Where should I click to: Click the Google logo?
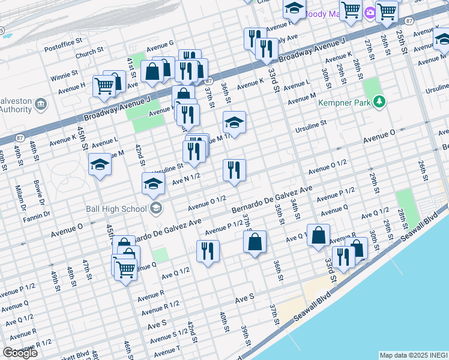pyautogui.click(x=20, y=353)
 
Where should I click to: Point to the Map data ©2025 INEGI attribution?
pyautogui.click(x=413, y=355)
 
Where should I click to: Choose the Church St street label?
pyautogui.click(x=89, y=52)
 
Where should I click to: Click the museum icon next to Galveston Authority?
pyautogui.click(x=41, y=104)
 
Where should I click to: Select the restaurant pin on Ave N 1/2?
pyautogui.click(x=234, y=170)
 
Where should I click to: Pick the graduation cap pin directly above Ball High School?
pyautogui.click(x=154, y=183)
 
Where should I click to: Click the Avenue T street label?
pyautogui.click(x=166, y=350)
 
